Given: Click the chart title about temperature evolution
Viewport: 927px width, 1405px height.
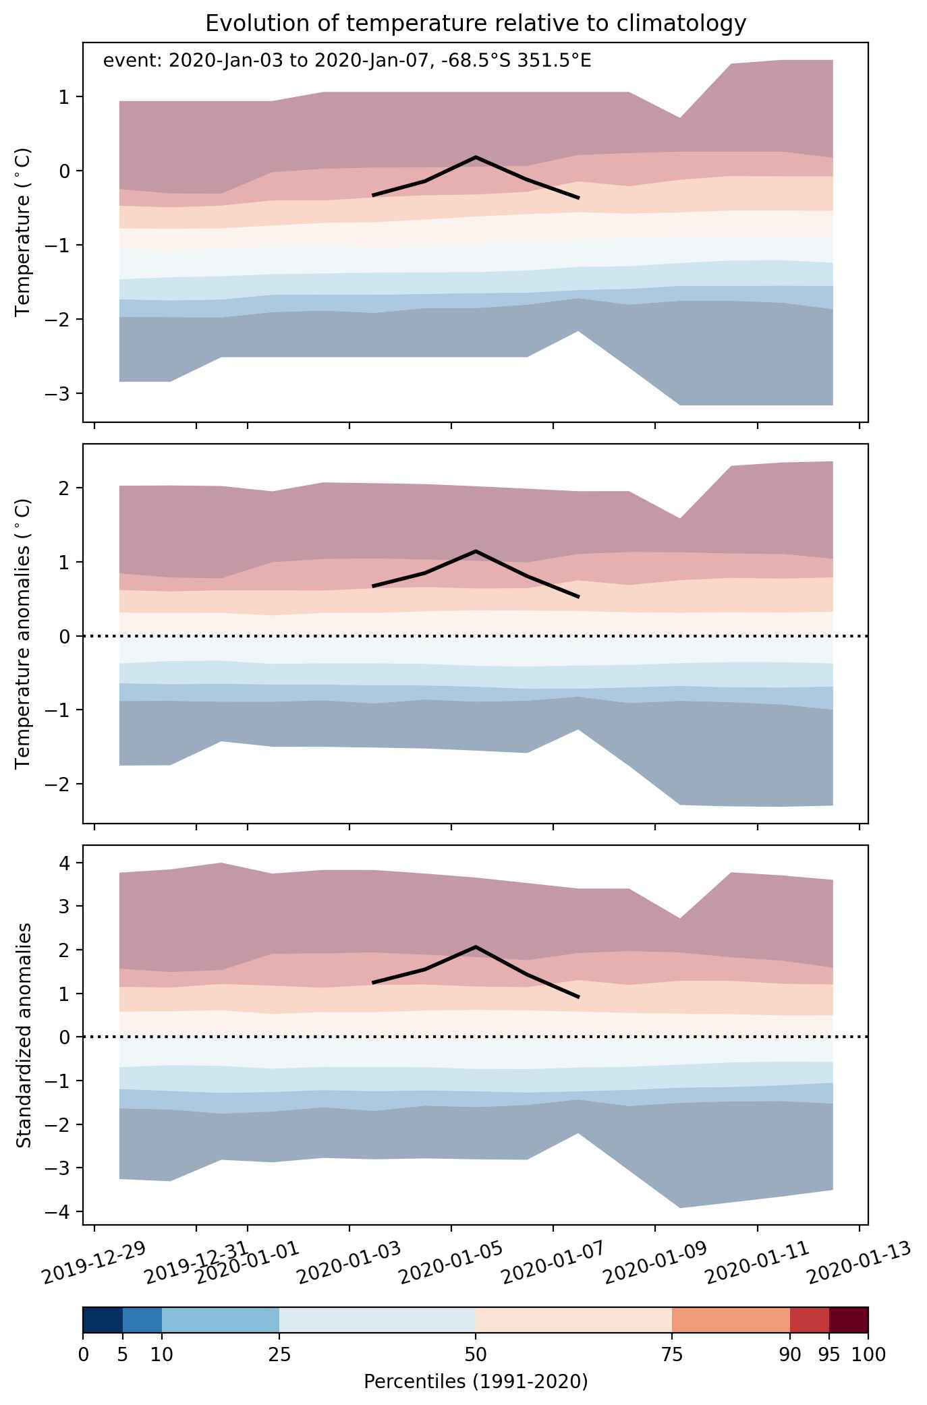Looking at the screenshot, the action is (476, 24).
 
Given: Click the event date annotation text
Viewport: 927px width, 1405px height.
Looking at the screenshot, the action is (347, 61).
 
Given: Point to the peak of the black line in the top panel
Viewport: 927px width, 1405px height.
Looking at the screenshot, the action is (476, 156).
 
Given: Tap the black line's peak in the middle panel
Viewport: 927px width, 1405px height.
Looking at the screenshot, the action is (476, 551).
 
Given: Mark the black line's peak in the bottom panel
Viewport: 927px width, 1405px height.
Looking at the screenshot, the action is (476, 947).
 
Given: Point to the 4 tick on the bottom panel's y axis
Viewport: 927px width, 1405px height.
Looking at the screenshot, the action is (69, 863).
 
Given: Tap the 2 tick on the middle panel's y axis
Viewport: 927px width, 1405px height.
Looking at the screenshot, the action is (69, 488).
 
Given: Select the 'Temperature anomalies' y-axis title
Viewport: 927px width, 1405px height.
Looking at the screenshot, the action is (24, 633).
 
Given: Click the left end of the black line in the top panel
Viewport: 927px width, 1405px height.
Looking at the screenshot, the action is (373, 195).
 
